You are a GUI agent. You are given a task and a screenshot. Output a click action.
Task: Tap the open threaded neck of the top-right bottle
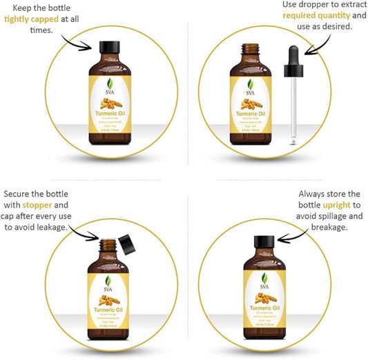[x=250, y=50]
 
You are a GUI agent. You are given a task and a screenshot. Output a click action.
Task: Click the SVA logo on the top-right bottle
[x=250, y=88]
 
